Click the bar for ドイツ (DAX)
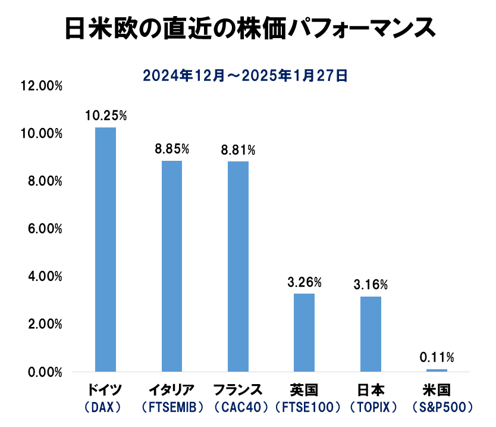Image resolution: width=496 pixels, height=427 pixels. [106, 250]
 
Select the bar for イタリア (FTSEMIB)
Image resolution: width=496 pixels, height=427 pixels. [172, 266]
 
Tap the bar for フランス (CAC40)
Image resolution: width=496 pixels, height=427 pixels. [238, 267]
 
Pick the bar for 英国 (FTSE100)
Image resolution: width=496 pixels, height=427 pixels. [304, 333]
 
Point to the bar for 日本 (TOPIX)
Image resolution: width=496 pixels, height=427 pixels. [371, 334]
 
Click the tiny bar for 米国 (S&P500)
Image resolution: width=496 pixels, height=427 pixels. [437, 370]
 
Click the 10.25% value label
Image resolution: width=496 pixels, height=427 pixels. [106, 115]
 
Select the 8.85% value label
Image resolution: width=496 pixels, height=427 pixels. [172, 148]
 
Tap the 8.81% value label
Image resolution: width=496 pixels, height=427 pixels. [238, 149]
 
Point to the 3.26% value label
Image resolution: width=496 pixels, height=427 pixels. [304, 281]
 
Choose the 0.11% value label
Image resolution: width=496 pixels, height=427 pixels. [437, 357]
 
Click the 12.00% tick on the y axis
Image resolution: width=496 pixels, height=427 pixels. [41, 86]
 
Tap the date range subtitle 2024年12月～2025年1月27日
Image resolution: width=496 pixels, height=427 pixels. [244, 76]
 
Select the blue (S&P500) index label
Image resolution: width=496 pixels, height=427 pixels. [437, 408]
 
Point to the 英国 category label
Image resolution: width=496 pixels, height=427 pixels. [304, 391]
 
